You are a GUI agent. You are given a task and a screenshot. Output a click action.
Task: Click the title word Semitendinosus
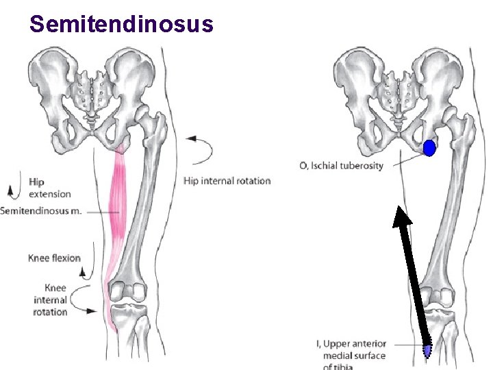[122, 25]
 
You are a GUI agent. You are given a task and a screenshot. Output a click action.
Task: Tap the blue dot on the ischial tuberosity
[429, 147]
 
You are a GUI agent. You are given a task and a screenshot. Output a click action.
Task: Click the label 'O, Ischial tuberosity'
[342, 166]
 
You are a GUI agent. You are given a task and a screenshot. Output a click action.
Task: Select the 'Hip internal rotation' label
[227, 181]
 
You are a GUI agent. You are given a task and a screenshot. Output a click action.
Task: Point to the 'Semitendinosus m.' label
[41, 211]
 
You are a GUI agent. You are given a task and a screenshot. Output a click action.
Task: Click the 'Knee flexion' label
[54, 258]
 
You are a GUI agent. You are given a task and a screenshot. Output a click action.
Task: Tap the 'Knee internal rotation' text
[50, 300]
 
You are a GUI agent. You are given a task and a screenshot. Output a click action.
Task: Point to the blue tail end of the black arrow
[428, 351]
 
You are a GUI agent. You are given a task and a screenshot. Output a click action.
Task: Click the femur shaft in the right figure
[448, 206]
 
